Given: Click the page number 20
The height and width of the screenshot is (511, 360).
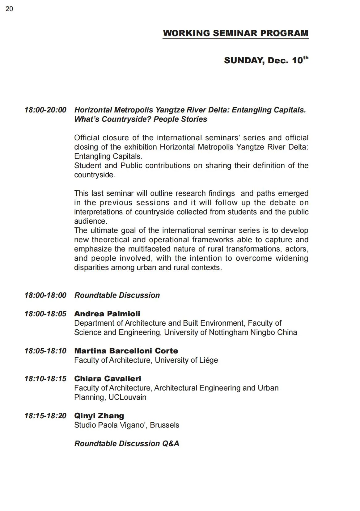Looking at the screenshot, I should (x=9, y=9).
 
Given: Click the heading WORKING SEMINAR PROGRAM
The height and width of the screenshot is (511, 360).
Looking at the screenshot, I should (x=235, y=33).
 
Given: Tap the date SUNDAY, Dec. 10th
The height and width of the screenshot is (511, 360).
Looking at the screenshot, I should (x=266, y=60).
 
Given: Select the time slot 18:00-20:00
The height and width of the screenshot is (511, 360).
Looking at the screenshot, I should (x=45, y=110).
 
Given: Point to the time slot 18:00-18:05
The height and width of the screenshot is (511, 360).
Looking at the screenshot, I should (x=45, y=314).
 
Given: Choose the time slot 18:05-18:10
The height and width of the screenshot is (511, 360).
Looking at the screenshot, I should (x=45, y=351).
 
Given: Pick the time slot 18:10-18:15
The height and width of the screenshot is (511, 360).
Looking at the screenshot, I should (x=45, y=379).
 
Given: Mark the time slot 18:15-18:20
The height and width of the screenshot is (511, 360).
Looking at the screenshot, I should (x=45, y=416).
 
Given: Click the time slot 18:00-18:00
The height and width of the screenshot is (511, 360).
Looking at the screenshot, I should (x=45, y=295).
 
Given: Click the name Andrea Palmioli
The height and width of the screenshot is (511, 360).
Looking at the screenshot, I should (x=107, y=314).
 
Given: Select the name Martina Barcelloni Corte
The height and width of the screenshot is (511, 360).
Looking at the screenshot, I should (x=126, y=351).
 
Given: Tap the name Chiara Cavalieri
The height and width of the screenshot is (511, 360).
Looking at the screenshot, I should (x=108, y=379).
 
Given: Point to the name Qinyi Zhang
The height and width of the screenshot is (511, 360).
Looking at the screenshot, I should (x=99, y=416).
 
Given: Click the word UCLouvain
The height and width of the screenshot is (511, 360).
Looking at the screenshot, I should (x=127, y=397).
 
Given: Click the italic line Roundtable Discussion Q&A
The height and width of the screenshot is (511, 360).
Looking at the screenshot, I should (x=127, y=444).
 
